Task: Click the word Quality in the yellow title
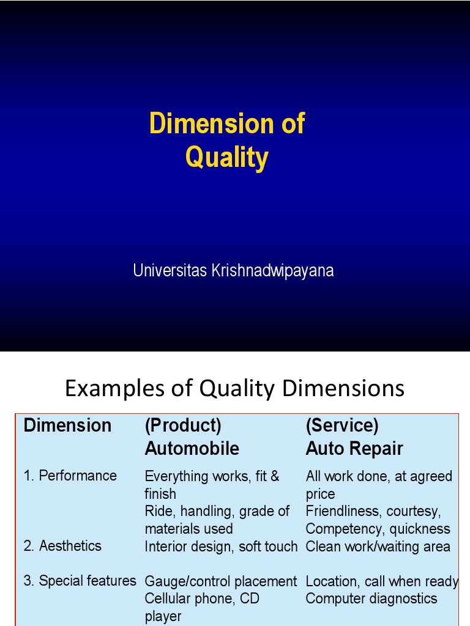(226, 158)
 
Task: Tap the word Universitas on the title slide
(170, 270)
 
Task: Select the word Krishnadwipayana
(272, 270)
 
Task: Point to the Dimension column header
(67, 425)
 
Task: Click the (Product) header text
(183, 425)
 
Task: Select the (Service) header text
(342, 425)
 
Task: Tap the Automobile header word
(192, 449)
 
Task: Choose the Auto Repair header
(354, 449)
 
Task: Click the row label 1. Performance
(70, 476)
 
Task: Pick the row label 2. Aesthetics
(62, 545)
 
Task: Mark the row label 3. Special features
(80, 581)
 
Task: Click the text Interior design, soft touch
(221, 547)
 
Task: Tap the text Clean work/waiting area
(378, 547)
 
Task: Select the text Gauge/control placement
(220, 581)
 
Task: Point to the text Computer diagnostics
(371, 598)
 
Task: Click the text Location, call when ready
(382, 581)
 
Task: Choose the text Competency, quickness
(378, 529)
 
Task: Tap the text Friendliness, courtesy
(373, 511)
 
